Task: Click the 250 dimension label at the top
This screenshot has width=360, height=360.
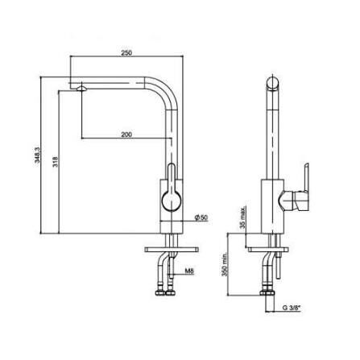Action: click(x=126, y=53)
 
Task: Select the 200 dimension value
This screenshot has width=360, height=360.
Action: click(x=126, y=134)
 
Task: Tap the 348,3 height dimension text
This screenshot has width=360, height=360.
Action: click(x=38, y=155)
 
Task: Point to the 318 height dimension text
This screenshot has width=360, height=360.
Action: click(x=56, y=162)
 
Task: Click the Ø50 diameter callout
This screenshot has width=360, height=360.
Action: click(x=201, y=217)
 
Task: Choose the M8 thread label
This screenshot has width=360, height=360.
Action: click(x=189, y=271)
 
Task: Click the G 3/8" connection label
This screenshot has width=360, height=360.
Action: click(x=291, y=308)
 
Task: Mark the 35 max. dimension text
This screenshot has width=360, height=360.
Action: click(x=243, y=217)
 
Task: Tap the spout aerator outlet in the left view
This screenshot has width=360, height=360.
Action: click(x=81, y=89)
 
